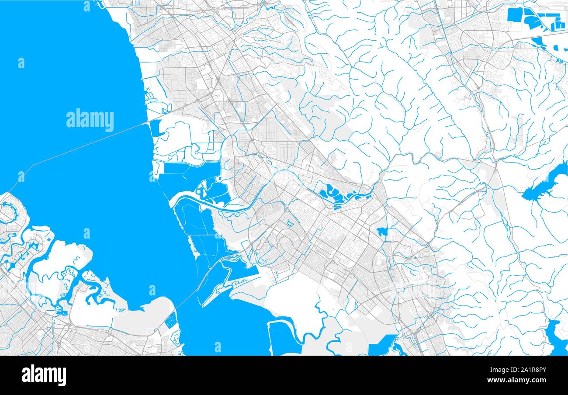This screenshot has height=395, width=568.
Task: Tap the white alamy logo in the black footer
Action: tap(44, 375)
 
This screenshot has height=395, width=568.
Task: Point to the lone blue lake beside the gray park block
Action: tap(382, 232)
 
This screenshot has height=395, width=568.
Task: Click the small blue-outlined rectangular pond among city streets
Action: tap(290, 224)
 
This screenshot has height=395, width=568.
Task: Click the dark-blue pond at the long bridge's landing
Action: tap(155, 128)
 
